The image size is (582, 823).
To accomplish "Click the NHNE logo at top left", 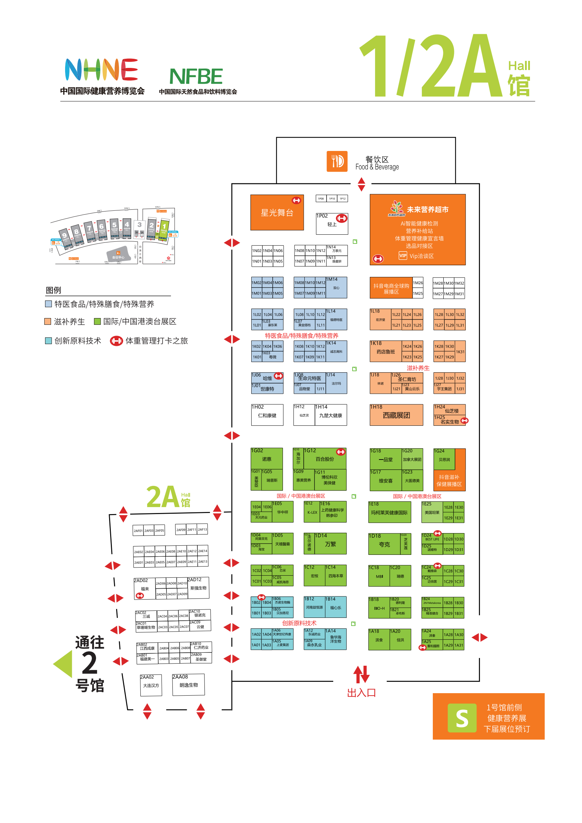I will [101, 70].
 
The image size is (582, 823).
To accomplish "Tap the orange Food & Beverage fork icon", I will [337, 161].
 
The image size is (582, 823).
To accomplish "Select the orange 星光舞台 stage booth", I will [277, 213].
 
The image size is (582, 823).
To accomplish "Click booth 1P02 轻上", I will [332, 224].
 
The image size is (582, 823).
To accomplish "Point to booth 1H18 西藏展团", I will [396, 415].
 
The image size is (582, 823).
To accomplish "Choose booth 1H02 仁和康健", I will [267, 415].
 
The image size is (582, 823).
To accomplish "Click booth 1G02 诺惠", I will [267, 458].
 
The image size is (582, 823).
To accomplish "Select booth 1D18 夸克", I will [384, 544].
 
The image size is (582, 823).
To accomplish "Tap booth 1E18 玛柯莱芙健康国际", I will [389, 512].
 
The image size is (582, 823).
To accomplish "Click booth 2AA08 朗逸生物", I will [189, 685].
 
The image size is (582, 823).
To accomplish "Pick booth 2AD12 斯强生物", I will [198, 588].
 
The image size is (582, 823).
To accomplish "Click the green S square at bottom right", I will [462, 718].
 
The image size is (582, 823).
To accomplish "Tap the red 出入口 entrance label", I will [361, 693].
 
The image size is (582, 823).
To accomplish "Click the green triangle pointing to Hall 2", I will [63, 664].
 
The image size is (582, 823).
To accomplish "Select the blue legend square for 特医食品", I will [48, 304].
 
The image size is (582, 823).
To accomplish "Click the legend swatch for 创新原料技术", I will [48, 341].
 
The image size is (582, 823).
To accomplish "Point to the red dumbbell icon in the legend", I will [116, 341].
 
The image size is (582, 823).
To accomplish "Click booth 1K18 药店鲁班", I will [386, 351].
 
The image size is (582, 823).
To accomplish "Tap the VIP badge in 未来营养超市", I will [403, 255].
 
